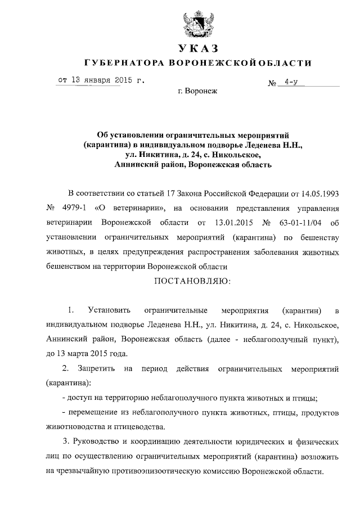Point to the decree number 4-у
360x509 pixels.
click(x=291, y=83)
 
